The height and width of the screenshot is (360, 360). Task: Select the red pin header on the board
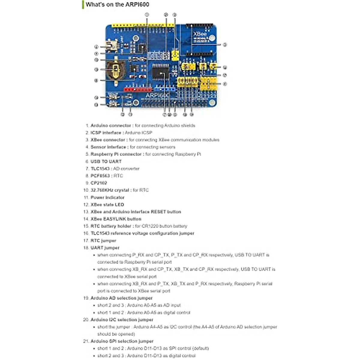coord(138,89)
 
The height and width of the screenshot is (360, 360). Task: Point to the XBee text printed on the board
coord(200,34)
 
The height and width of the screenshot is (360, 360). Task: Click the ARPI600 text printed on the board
coord(157,95)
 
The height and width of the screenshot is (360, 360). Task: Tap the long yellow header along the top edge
coord(143,26)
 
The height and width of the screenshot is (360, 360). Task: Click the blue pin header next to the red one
coord(164,89)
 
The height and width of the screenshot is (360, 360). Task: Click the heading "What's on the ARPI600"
coord(117,4)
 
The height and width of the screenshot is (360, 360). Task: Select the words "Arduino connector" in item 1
coord(111,125)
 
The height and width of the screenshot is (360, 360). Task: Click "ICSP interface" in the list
coord(106,133)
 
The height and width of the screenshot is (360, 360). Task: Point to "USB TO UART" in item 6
coord(106,161)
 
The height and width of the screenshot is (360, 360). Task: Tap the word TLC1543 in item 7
coord(100,169)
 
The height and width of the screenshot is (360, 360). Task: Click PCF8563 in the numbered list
coord(100,176)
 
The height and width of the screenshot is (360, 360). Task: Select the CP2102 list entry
coord(99,183)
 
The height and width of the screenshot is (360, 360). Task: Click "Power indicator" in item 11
coord(107,197)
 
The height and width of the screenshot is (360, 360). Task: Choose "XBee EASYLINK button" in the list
coord(116,219)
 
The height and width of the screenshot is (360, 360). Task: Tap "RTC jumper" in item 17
coord(103,241)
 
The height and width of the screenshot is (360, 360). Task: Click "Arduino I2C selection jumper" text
coord(122,320)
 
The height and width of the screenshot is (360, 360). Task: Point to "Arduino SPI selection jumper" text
coord(122,341)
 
